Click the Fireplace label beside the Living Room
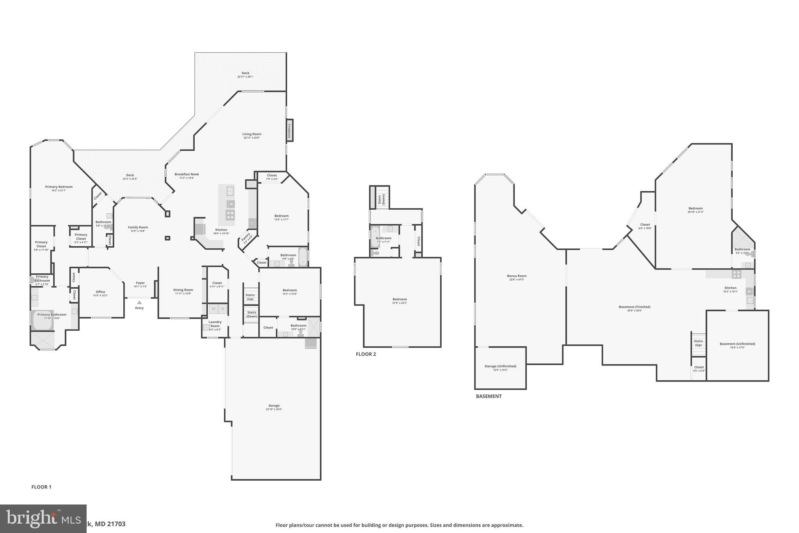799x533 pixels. [x=289, y=130]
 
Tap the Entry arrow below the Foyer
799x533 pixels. [x=139, y=303]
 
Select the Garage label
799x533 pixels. [x=274, y=406]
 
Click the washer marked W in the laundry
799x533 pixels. [x=213, y=309]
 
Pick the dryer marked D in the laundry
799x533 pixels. [x=223, y=309]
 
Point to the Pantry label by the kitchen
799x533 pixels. [x=246, y=237]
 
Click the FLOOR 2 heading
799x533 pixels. [x=366, y=354]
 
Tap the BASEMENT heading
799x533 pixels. [x=488, y=396]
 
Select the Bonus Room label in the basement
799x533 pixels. [x=517, y=276]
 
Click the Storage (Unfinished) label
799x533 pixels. [x=500, y=366]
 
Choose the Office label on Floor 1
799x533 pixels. [x=100, y=292]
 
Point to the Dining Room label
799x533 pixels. [x=183, y=290]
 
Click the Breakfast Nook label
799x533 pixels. [x=186, y=174]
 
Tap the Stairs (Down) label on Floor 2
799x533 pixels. [x=381, y=200]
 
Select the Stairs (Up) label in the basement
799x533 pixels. [x=698, y=343]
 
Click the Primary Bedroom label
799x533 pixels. [x=59, y=187]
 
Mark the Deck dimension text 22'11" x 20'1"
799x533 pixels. [x=245, y=77]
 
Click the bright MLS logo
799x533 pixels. [x=43, y=519]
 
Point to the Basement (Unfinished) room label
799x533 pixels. [x=737, y=344]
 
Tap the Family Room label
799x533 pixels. [x=138, y=227]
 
